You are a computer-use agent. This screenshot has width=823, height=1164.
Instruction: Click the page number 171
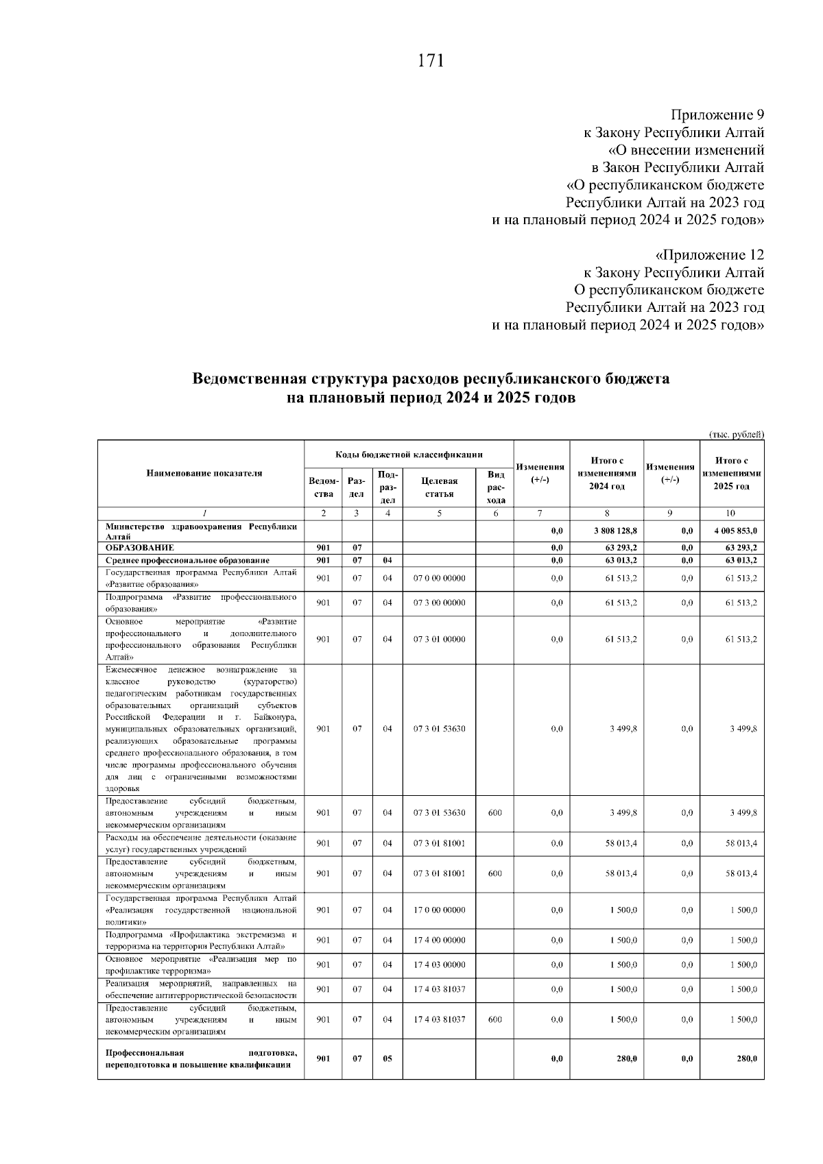click(x=431, y=61)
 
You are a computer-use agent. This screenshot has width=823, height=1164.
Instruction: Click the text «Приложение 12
click(x=710, y=255)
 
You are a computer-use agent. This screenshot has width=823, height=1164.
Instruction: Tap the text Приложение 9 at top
click(x=717, y=114)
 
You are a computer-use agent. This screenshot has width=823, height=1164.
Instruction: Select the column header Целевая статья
click(x=439, y=487)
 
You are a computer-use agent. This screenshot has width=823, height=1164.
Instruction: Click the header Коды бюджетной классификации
click(x=409, y=454)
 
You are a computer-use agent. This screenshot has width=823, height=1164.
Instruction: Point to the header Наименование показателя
click(x=204, y=473)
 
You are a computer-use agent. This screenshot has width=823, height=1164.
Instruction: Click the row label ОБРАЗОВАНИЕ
click(x=140, y=548)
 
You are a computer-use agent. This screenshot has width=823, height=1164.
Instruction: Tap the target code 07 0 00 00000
click(x=439, y=578)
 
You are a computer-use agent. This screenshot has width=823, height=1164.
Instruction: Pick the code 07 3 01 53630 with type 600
click(x=439, y=813)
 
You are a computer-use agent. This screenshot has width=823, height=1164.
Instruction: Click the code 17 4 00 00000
click(x=439, y=941)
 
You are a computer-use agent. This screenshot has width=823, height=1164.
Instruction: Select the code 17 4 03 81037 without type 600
click(x=439, y=989)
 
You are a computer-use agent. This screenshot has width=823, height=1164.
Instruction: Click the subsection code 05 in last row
click(x=387, y=1058)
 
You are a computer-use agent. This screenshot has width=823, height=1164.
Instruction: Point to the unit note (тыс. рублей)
click(x=736, y=434)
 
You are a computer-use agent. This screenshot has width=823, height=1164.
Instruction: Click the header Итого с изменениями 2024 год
click(x=606, y=473)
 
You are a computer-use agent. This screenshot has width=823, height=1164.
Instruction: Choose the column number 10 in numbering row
click(x=731, y=513)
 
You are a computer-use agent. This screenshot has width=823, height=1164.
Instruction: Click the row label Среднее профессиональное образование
click(x=187, y=560)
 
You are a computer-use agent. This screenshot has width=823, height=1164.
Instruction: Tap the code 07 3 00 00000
click(x=439, y=603)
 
